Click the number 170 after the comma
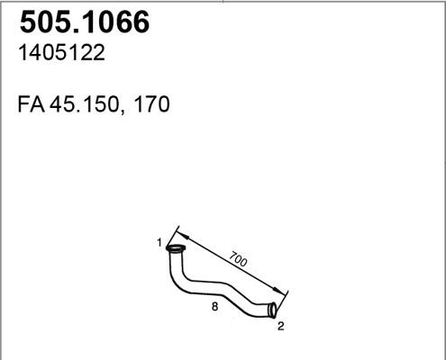coord(151,105)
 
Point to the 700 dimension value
coord(239,262)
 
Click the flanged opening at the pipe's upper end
coord(177,248)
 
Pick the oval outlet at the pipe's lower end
coord(273,310)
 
